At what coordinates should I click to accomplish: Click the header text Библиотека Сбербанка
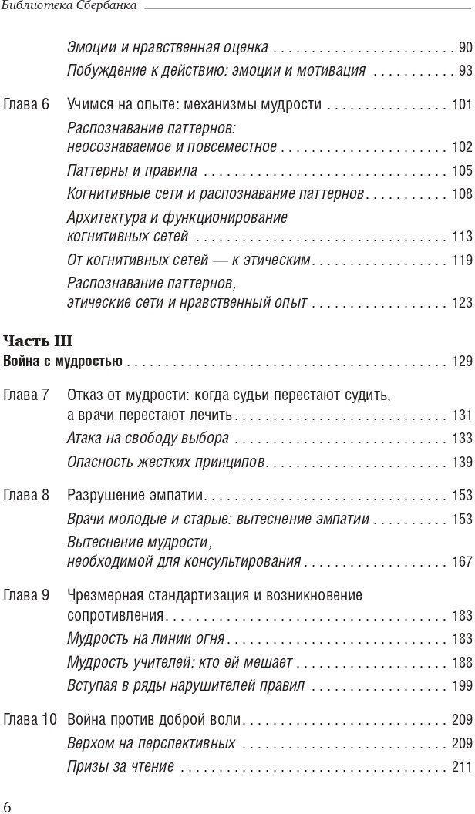click(x=69, y=7)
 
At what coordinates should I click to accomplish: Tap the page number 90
click(x=464, y=48)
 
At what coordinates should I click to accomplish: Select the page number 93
click(x=464, y=71)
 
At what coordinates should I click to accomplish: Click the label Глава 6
click(x=27, y=104)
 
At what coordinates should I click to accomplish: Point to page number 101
click(x=461, y=105)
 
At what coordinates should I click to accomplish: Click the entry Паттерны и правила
click(x=132, y=171)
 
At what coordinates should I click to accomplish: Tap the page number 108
click(x=461, y=194)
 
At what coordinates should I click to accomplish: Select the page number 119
click(x=461, y=261)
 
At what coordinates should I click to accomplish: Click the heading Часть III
click(x=39, y=341)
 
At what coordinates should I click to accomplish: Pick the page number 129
click(x=461, y=361)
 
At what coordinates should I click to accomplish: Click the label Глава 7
click(x=27, y=395)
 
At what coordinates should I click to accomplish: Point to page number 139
click(x=461, y=462)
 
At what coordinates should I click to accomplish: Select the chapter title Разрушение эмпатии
click(x=138, y=496)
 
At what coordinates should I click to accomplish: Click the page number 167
click(x=461, y=562)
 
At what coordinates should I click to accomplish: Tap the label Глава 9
click(x=27, y=596)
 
